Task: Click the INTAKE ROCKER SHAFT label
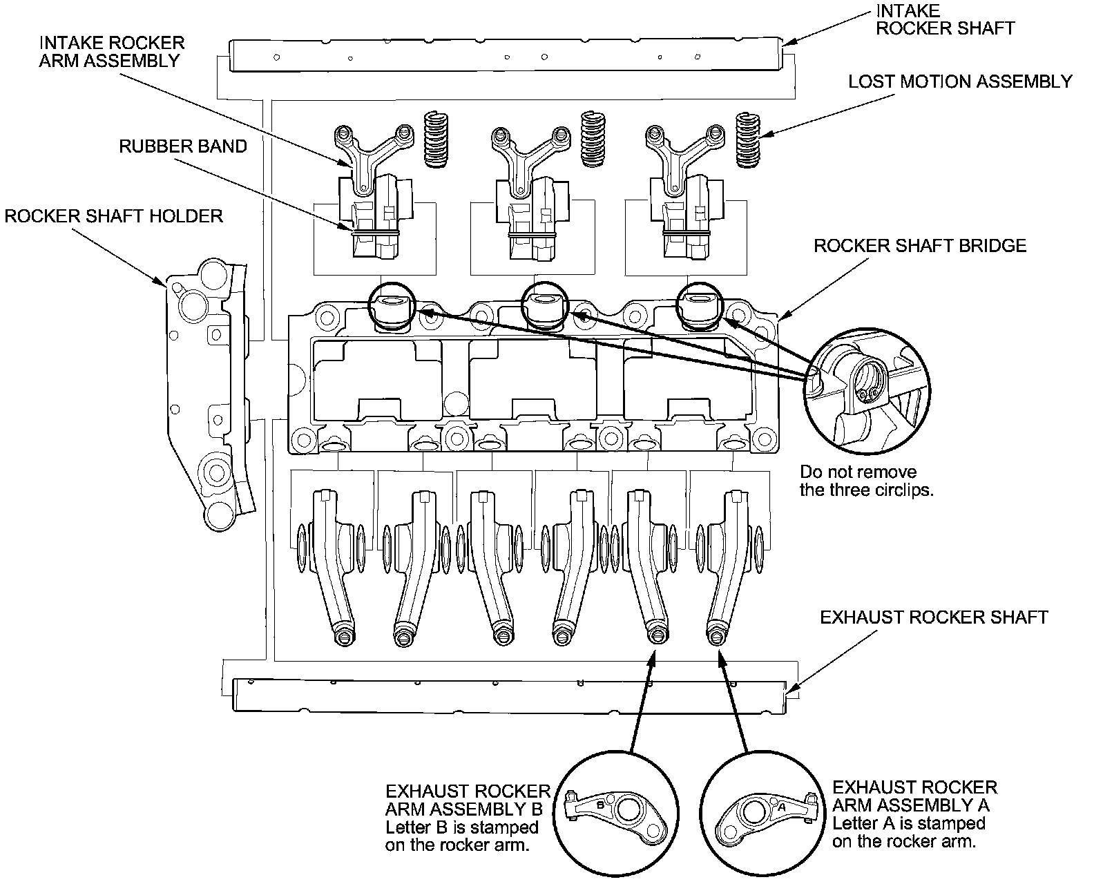tap(945, 19)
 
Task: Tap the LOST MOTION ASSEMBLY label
tap(960, 81)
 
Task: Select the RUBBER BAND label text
tap(183, 146)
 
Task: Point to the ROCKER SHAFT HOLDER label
tap(114, 216)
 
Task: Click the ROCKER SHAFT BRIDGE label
tap(920, 246)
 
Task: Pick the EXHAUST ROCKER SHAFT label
tap(934, 617)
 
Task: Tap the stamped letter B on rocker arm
tap(600, 805)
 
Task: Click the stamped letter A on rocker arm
tap(782, 806)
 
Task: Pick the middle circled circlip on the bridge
tap(545, 304)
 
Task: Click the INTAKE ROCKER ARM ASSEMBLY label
tap(112, 51)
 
